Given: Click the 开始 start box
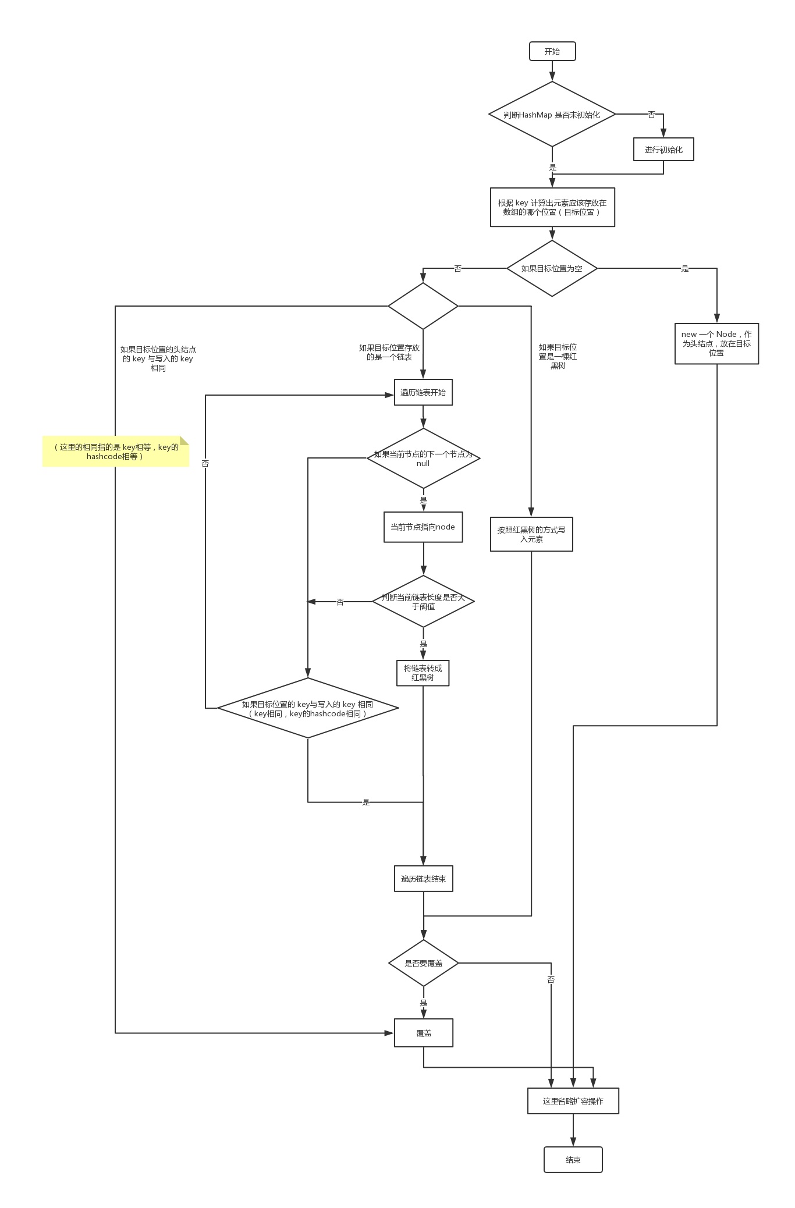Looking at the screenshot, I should (552, 51).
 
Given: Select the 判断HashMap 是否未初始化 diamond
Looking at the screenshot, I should (552, 115).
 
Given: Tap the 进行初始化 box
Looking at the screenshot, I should (663, 150).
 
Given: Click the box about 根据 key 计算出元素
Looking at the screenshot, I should (552, 207).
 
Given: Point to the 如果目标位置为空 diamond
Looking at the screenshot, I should (552, 268).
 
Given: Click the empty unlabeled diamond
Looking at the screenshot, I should (423, 306).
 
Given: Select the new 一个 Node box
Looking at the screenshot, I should (716, 343).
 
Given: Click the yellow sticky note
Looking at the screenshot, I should (116, 452).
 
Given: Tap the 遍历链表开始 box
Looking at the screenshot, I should (423, 392).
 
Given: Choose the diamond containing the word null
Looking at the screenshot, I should (423, 459).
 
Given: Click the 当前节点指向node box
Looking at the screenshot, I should (423, 527).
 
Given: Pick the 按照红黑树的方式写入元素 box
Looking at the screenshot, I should (531, 534).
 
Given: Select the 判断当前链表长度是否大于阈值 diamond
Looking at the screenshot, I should (423, 602).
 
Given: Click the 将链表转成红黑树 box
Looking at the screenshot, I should (423, 673).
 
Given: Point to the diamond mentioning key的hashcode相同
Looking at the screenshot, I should (308, 709).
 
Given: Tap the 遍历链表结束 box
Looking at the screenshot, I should (423, 879).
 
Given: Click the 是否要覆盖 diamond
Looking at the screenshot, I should (423, 963).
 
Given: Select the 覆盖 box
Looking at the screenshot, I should (423, 1033).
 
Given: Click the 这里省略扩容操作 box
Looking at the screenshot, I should (573, 1101).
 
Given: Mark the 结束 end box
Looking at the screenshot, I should (573, 1160).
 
